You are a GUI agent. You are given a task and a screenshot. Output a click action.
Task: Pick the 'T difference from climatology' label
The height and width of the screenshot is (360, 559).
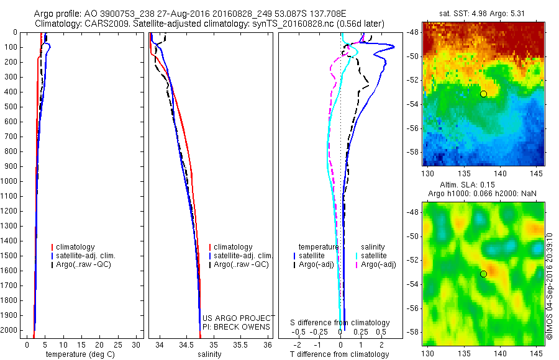(339, 354)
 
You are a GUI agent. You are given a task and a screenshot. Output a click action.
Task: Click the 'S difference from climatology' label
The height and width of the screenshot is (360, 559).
(340, 323)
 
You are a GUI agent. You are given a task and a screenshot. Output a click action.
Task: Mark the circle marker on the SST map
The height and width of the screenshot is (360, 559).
(483, 94)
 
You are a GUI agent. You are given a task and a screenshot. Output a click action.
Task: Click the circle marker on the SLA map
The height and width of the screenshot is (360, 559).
(483, 274)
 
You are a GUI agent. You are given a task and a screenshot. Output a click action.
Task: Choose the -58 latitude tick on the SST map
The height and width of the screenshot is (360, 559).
(413, 151)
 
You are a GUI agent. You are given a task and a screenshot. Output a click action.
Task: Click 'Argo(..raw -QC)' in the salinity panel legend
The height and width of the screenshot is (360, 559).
(242, 264)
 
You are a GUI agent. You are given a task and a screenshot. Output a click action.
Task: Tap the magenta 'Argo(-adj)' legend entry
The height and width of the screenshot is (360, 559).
(378, 264)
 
